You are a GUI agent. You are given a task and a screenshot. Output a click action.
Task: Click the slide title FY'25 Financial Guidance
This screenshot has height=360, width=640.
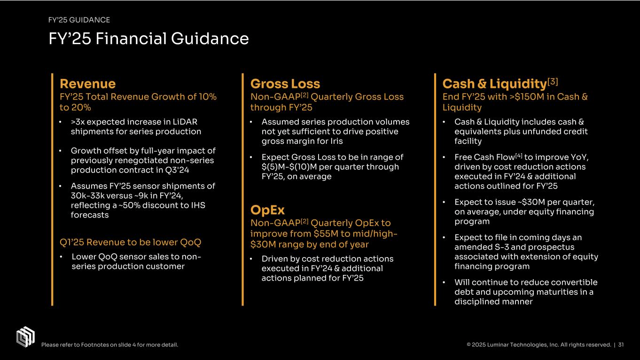(148, 39)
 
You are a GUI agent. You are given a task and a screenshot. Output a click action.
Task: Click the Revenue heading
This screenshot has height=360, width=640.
(87, 84)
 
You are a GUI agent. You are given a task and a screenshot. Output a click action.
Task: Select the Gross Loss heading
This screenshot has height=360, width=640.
(285, 84)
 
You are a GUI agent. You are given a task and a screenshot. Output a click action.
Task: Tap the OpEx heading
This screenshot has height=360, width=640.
(267, 210)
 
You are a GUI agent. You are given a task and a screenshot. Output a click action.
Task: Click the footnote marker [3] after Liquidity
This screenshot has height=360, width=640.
(553, 81)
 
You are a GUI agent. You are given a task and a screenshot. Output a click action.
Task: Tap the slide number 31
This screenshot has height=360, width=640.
(621, 345)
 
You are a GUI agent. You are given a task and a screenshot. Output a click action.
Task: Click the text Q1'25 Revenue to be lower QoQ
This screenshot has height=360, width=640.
(130, 243)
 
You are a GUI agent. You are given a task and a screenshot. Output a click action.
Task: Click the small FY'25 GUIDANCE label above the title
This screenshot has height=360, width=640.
(79, 20)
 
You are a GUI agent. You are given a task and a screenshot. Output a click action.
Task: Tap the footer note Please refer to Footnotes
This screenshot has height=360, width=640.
(109, 345)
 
